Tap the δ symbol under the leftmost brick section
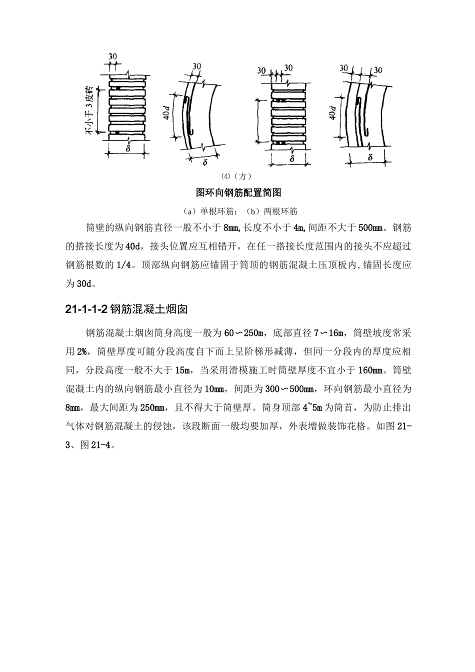(x=128, y=148)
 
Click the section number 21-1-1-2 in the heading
(x=86, y=309)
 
